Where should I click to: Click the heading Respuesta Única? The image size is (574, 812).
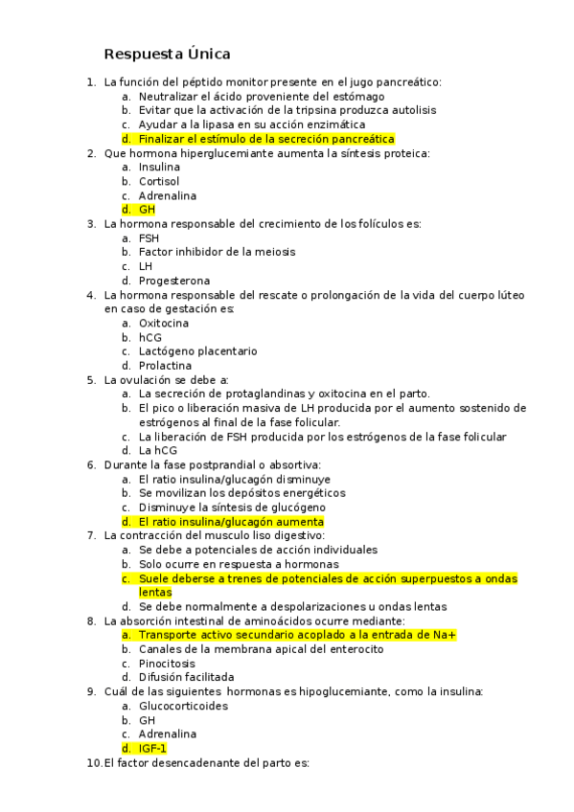tap(167, 54)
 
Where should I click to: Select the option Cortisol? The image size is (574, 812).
tap(158, 181)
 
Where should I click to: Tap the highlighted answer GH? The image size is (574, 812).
tap(147, 210)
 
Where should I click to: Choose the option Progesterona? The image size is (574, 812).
tap(173, 281)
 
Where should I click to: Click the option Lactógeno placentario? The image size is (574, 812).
tap(197, 351)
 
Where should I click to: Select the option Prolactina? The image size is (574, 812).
tap(165, 366)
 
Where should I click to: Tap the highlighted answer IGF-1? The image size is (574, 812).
tap(152, 748)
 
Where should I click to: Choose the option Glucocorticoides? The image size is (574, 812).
tap(183, 706)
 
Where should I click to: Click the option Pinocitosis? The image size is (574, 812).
tap(166, 663)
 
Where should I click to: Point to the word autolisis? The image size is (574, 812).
tap(410, 110)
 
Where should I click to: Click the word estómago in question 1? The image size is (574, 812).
tap(359, 97)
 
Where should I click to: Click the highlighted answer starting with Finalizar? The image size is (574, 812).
tap(266, 139)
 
